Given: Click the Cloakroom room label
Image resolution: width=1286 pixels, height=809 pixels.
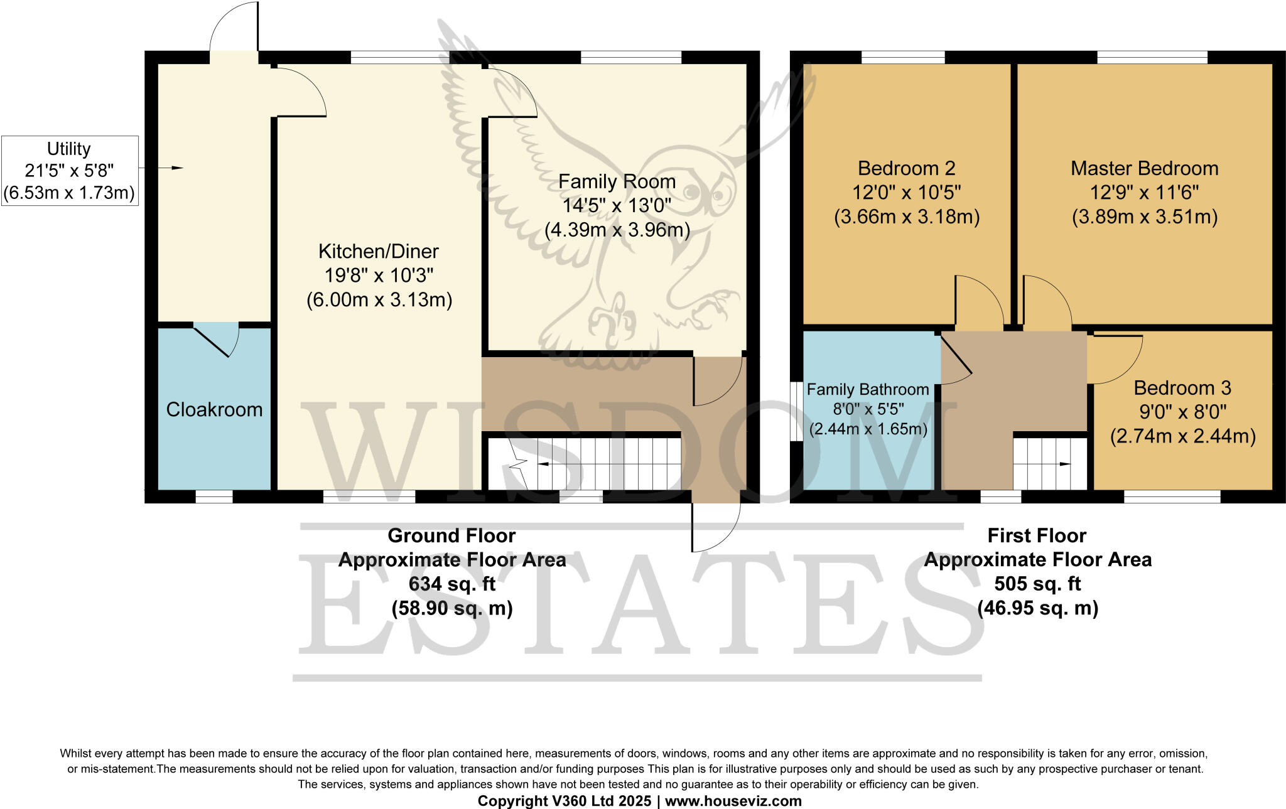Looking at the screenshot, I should point(214,410).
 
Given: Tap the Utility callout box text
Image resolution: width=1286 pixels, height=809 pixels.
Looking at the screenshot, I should point(69,171).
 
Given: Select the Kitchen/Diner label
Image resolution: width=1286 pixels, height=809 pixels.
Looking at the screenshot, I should point(379,252).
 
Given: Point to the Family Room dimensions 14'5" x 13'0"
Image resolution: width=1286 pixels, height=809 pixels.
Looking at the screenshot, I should point(617,206).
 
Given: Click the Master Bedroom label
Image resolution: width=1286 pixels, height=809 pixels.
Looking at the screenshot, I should point(1144,169).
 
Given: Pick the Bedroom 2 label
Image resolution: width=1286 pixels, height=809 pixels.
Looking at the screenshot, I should point(906,169).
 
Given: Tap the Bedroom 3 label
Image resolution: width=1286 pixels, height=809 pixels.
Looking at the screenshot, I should point(1182,388).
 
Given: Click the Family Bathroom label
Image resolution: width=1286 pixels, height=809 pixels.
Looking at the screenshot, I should point(867,390).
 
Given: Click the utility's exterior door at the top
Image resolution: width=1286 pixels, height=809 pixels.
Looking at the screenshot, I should point(234,28).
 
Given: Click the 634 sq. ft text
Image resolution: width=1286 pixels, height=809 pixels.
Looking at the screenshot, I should point(451,584).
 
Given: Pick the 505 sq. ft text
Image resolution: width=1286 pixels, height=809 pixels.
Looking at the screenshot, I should point(1037,584).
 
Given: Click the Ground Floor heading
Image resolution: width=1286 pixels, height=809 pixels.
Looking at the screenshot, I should point(451,536).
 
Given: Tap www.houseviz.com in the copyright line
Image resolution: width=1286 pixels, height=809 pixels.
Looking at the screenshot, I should point(733,801).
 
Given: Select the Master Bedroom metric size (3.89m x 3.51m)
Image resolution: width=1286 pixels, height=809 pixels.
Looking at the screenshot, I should point(1144,217).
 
